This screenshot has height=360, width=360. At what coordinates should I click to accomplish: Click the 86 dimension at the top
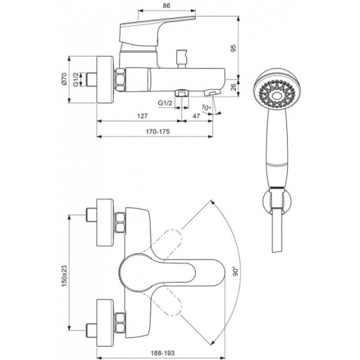point(166,5)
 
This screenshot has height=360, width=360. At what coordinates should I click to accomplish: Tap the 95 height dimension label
point(233,48)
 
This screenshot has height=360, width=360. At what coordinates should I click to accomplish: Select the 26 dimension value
point(233,87)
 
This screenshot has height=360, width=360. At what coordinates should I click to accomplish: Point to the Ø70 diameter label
point(64,79)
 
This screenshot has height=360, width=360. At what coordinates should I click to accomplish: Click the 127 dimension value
point(142,116)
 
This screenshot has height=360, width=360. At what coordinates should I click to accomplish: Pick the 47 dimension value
point(196,116)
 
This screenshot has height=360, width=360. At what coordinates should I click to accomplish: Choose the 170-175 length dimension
point(158,131)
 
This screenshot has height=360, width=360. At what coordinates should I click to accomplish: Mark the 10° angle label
point(206,108)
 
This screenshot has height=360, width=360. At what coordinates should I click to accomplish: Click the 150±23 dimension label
point(64,276)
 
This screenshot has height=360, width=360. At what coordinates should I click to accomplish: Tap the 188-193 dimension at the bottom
point(162,353)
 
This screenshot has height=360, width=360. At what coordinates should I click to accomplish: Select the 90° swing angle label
point(236,271)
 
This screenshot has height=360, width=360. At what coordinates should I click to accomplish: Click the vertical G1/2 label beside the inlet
point(76,80)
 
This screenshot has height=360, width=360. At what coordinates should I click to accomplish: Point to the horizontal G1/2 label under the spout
point(165,103)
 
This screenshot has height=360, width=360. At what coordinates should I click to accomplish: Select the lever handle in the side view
point(157,32)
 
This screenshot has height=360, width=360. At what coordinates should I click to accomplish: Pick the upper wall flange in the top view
point(105,223)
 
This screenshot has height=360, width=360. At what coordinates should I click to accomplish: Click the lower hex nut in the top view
point(120,323)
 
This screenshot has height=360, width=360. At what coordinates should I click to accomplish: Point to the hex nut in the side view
point(120,80)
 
